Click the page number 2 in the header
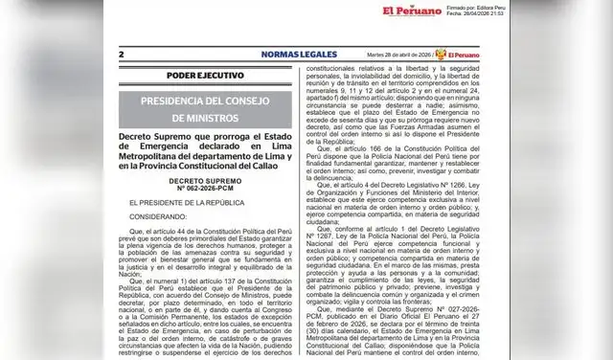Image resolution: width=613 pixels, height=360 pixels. click(x=121, y=56)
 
